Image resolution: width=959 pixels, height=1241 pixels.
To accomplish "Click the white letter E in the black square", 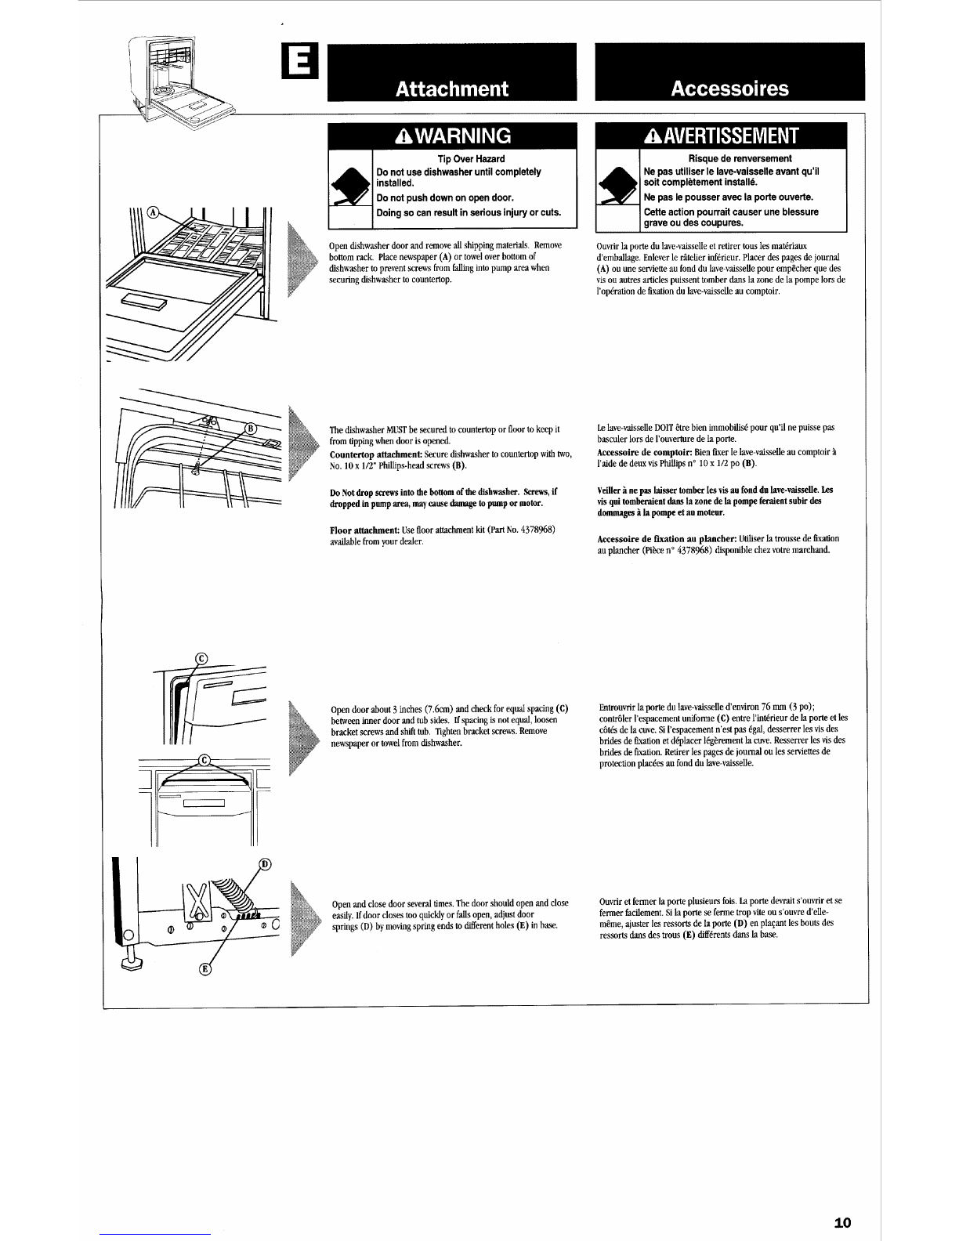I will click(x=299, y=55).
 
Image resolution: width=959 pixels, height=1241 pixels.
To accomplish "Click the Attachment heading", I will click(x=452, y=89).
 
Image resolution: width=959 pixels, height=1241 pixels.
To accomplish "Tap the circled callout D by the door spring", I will click(x=264, y=864).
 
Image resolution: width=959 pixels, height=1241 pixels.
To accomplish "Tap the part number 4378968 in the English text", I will click(x=538, y=530).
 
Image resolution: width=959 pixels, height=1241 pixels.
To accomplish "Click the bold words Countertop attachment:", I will click(x=367, y=455).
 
